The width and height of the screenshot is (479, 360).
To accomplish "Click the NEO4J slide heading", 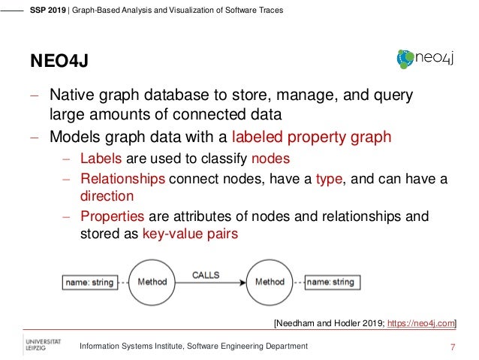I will [x=59, y=59].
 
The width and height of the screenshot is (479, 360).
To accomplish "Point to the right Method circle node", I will [x=270, y=283].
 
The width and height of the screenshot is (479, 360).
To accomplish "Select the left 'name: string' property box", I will [x=88, y=283].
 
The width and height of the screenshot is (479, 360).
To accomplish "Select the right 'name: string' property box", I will [x=330, y=283].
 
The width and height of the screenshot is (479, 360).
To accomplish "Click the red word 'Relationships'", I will [x=122, y=179].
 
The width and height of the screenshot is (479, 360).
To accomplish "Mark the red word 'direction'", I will [x=107, y=196].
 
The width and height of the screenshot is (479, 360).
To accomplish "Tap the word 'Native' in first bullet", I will [x=72, y=97].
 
